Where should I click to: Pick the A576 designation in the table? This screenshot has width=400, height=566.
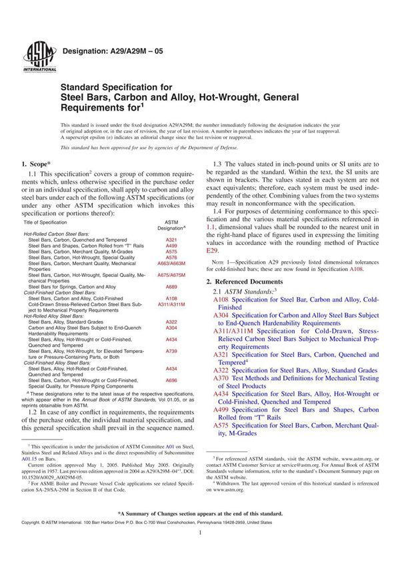[x=171, y=257]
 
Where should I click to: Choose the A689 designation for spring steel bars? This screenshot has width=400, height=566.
[x=171, y=286]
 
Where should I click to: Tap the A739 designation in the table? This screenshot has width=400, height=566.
[x=171, y=350]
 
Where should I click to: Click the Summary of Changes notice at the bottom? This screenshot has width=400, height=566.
[x=200, y=513]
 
